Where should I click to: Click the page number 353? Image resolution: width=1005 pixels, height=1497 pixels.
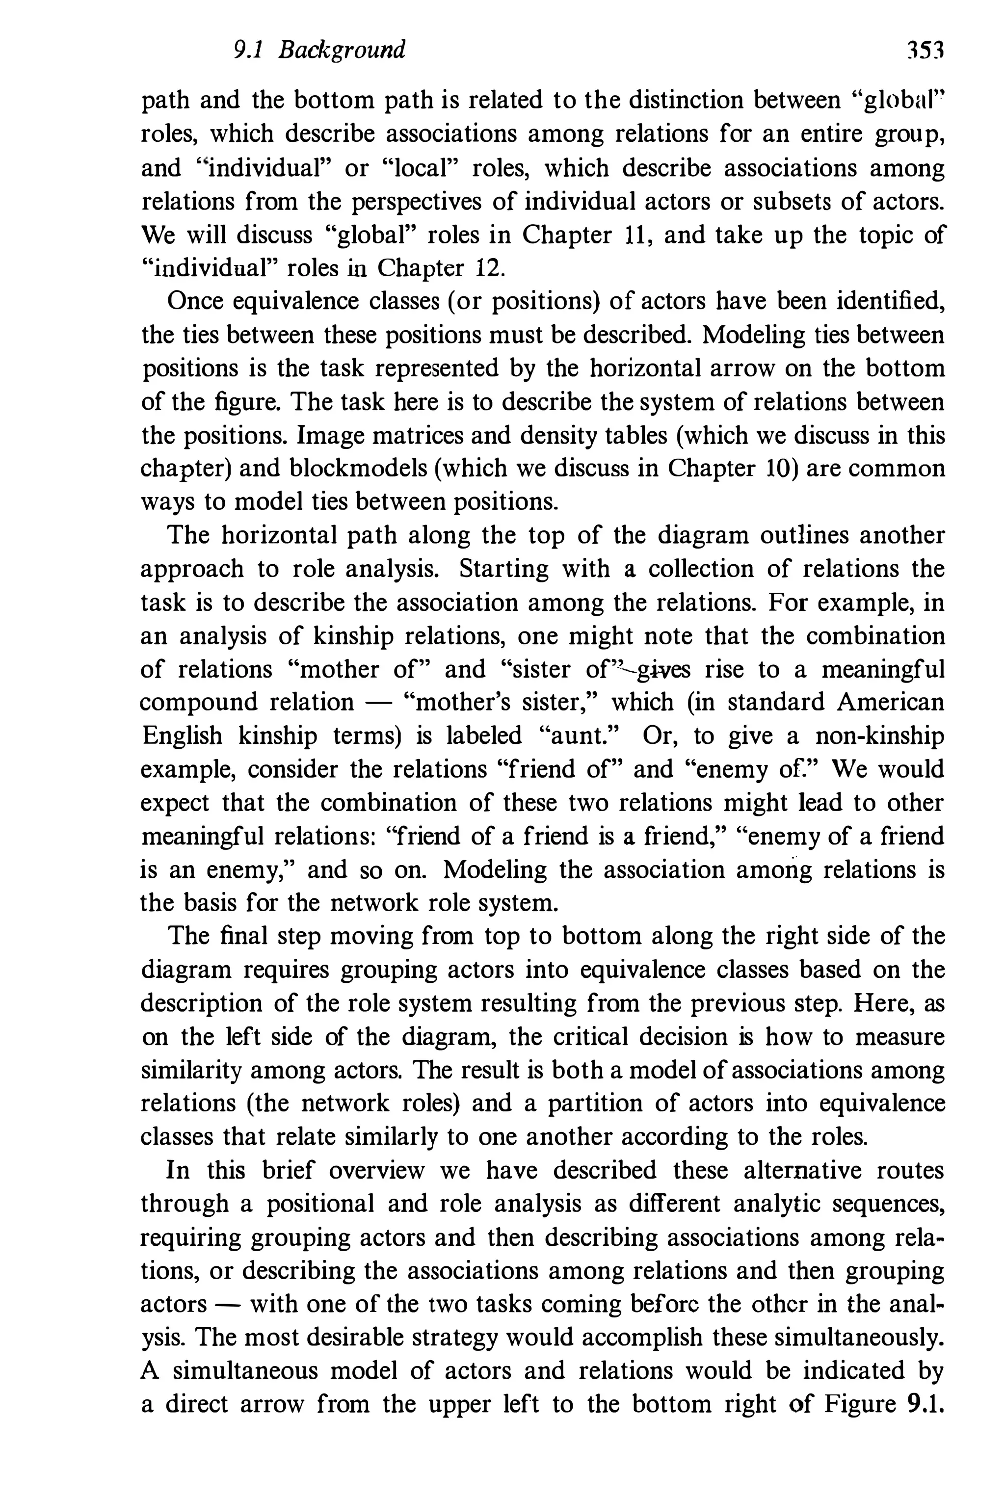pyautogui.click(x=926, y=51)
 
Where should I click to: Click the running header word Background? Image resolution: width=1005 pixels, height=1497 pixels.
pyautogui.click(x=342, y=51)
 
